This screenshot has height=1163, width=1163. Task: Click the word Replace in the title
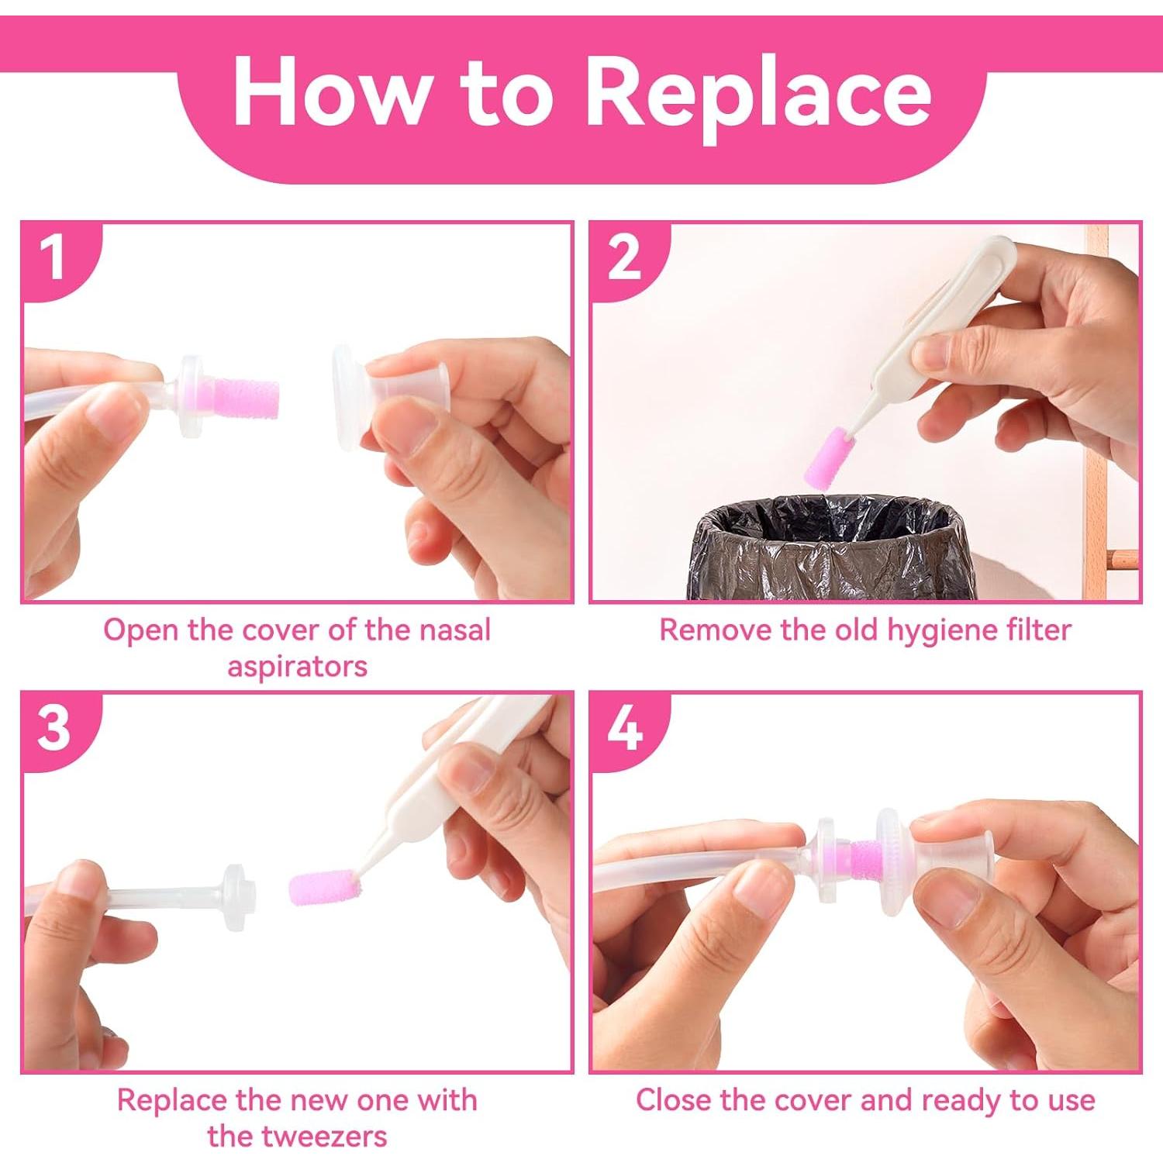coord(758,95)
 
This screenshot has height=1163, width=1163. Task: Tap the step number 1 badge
coord(53,257)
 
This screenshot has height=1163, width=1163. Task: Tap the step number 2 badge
coord(624,257)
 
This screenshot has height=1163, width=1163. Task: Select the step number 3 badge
coord(53,727)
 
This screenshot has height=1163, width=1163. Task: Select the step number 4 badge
coord(624,727)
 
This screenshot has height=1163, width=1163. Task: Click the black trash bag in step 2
coord(830,550)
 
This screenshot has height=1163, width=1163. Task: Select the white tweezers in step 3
coord(434,799)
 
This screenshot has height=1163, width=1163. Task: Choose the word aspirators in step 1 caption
coord(297,666)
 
